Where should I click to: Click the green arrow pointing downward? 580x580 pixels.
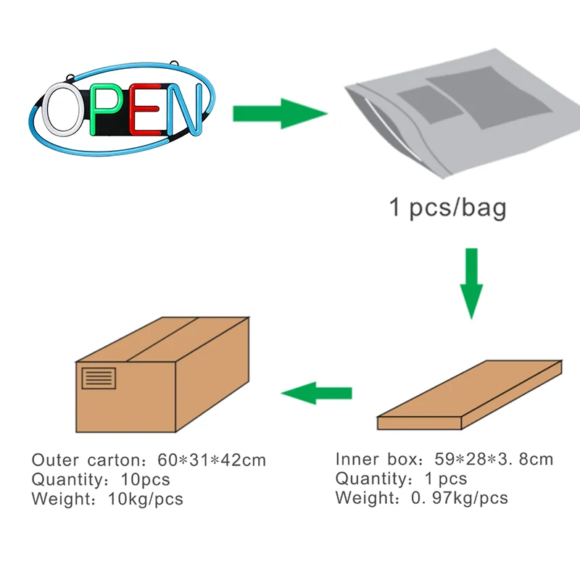point(471,283)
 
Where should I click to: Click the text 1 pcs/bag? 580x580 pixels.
point(448,208)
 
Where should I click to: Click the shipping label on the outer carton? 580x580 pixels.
point(99,378)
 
